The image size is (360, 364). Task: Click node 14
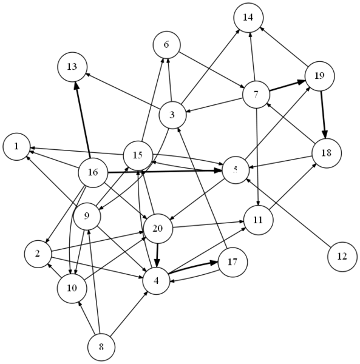(x=248, y=18)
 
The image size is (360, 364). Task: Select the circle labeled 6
(x=166, y=45)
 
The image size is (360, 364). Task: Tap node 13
(x=72, y=67)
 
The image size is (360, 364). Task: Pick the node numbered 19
(x=319, y=76)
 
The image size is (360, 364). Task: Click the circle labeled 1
(x=16, y=146)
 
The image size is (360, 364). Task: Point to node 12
(x=342, y=257)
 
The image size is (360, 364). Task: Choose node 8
(x=101, y=347)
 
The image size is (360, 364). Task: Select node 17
(x=233, y=262)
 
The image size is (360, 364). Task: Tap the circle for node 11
(x=258, y=220)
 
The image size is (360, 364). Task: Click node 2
(x=38, y=254)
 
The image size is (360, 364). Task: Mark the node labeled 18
(x=327, y=153)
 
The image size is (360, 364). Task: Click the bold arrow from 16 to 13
(x=83, y=120)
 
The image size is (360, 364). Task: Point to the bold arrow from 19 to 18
(x=323, y=115)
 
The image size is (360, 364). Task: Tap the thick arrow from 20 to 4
(x=157, y=255)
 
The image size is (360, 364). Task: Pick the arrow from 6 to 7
(x=211, y=70)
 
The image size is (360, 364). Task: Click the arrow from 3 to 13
(x=123, y=91)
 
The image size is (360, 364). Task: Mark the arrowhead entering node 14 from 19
(x=262, y=29)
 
